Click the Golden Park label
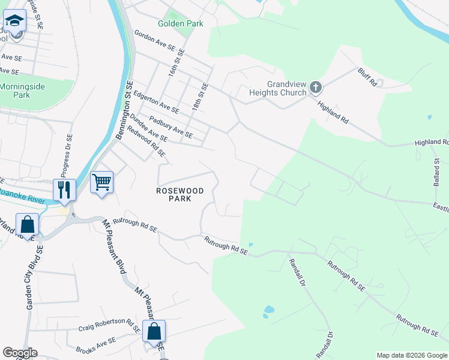[180, 23]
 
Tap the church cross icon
[316, 89]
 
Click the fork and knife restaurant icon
[64, 190]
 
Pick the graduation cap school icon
[14, 22]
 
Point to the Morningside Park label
[22, 91]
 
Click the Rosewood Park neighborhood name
[180, 194]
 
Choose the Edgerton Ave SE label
[156, 103]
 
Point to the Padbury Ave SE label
[170, 127]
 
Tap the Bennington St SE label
[124, 110]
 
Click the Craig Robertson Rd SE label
[109, 325]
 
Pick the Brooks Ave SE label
[95, 345]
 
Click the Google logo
[19, 353]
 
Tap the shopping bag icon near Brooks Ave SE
[154, 331]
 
